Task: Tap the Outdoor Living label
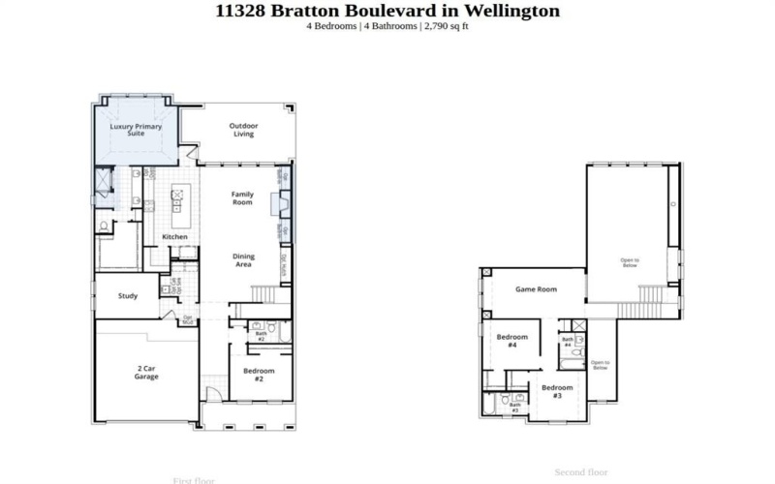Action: [243, 130]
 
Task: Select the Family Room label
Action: [242, 198]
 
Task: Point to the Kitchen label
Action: [174, 237]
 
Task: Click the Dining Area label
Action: [242, 260]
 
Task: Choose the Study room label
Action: [128, 296]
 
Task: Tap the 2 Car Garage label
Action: [146, 373]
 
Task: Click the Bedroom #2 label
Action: [259, 375]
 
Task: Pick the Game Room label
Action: [536, 289]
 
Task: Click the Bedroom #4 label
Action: [512, 341]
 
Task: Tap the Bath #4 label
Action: [568, 342]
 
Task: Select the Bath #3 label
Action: [514, 408]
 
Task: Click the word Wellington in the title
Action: [514, 11]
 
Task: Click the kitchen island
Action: [178, 200]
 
